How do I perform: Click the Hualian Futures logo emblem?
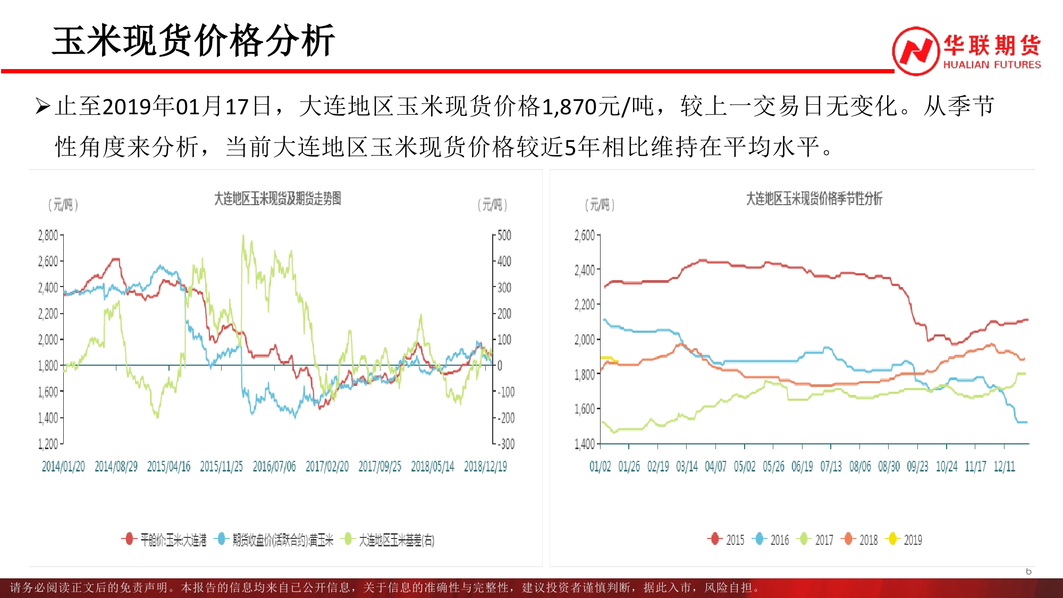tap(915, 51)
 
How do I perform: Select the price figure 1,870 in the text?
tap(569, 106)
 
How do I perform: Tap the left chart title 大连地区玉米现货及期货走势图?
tap(277, 199)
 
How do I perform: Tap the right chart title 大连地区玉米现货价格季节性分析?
tap(814, 199)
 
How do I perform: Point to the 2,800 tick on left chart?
tap(48, 235)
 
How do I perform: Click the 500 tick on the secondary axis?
tap(504, 235)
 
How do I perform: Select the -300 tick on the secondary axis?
tap(507, 444)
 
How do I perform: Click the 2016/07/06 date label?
tap(274, 467)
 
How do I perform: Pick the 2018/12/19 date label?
tap(485, 467)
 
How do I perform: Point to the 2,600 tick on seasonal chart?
tap(585, 235)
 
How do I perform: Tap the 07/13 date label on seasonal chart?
tap(831, 467)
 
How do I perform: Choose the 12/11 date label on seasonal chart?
tap(1004, 467)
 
